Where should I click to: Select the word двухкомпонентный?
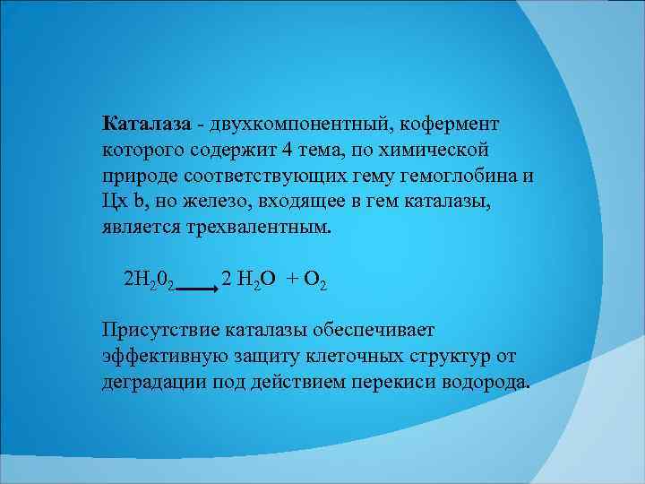pyautogui.click(x=296, y=121)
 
